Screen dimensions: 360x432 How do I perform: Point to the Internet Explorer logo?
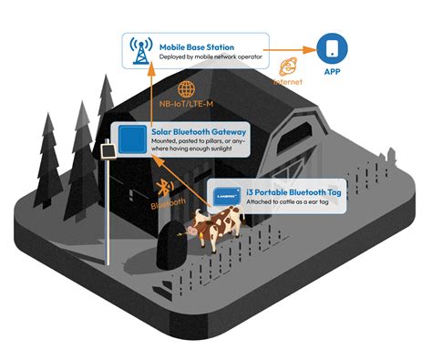[290, 67]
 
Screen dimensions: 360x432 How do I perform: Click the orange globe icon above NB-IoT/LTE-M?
[186, 88]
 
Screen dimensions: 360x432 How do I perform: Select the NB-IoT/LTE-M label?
[186, 106]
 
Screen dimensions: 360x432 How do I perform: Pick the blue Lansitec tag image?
[226, 194]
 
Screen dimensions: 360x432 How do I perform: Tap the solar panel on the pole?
[106, 149]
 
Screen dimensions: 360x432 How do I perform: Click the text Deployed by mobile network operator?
[210, 58]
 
